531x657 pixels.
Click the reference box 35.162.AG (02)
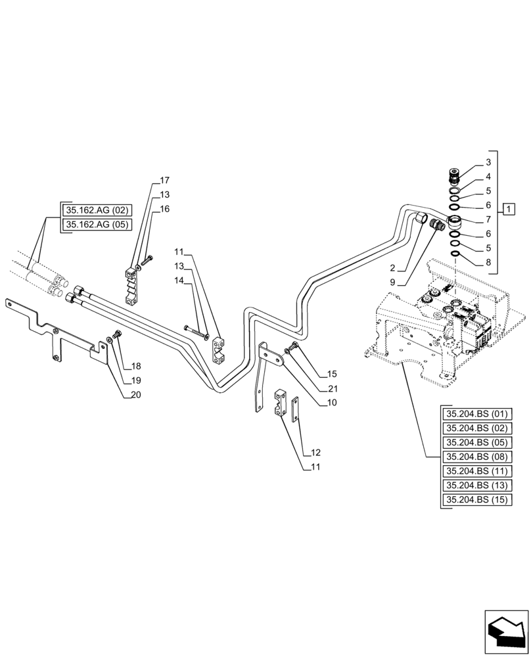97,211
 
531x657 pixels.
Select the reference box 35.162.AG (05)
97,225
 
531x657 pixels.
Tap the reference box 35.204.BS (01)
477,414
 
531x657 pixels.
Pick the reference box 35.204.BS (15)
477,501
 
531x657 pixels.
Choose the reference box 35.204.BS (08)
477,457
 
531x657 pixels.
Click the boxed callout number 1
510,210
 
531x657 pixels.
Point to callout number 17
164,180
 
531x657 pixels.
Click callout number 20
135,395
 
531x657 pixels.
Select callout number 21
333,388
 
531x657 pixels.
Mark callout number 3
488,162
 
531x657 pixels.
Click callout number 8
488,263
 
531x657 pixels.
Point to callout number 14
179,280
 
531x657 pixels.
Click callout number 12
316,453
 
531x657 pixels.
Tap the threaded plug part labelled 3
453,175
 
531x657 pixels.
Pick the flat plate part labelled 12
295,409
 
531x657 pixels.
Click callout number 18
135,366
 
